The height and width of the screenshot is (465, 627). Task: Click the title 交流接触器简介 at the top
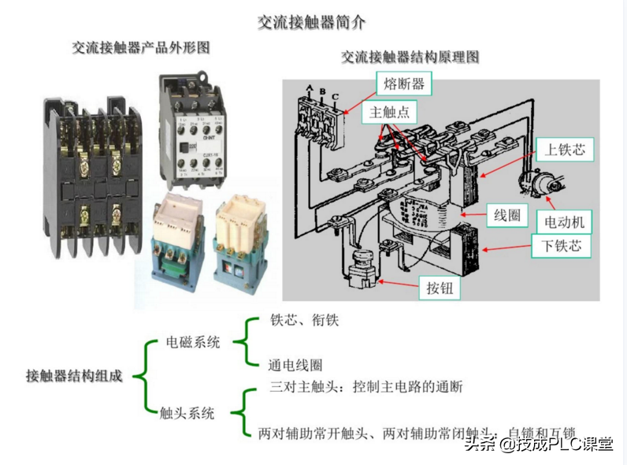312,22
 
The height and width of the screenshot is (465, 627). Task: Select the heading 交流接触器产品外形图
141,47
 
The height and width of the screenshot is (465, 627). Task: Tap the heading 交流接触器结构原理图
410,58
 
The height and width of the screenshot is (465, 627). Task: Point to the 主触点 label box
390,113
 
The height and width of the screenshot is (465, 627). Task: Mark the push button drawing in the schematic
362,267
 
